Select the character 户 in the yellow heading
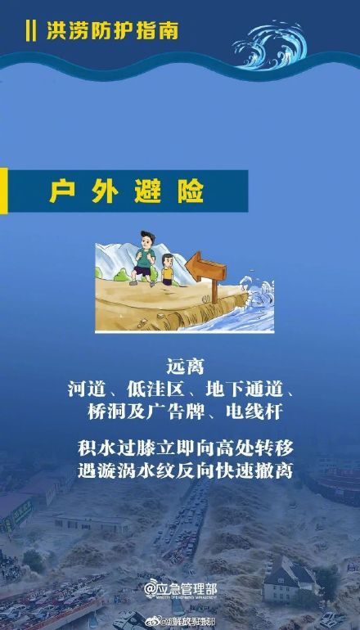(x=59, y=192)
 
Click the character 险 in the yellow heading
(x=193, y=192)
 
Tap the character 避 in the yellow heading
(x=148, y=192)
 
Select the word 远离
(x=179, y=365)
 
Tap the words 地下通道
(x=245, y=389)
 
